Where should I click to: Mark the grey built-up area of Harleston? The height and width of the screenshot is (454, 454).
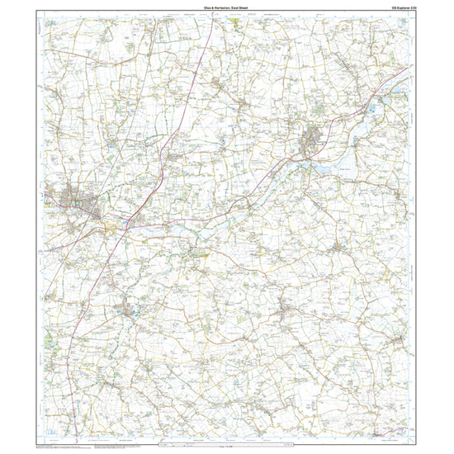(x=314, y=140)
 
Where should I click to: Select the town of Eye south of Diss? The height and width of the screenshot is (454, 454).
(x=130, y=312)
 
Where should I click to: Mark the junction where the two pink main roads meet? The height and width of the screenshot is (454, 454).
(x=124, y=224)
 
